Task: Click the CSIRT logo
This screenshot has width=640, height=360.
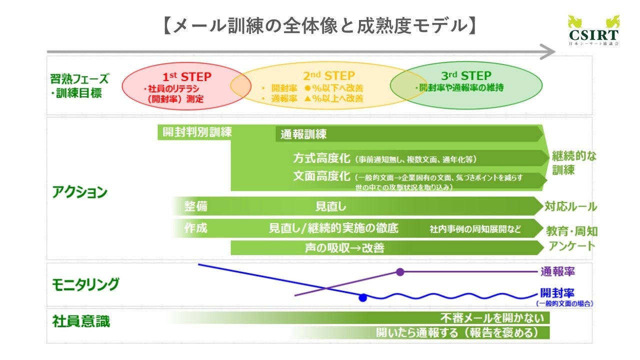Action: click(x=593, y=31)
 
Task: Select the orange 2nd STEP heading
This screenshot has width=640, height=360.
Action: click(x=329, y=76)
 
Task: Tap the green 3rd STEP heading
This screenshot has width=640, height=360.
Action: click(x=466, y=76)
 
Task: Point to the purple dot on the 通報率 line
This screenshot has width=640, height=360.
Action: click(x=400, y=272)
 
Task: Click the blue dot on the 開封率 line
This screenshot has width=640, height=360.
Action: click(x=363, y=297)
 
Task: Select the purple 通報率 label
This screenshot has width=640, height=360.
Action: click(x=557, y=272)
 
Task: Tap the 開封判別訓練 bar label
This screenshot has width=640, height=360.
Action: click(x=197, y=132)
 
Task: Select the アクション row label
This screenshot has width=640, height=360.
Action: click(x=79, y=192)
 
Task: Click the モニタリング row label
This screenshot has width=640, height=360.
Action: click(x=85, y=284)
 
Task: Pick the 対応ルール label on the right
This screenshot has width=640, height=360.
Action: click(x=570, y=206)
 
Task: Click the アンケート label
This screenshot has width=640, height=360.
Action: click(x=571, y=246)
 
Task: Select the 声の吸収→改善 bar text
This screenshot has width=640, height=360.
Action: click(x=344, y=247)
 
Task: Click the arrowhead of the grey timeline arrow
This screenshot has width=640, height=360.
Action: click(x=548, y=51)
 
